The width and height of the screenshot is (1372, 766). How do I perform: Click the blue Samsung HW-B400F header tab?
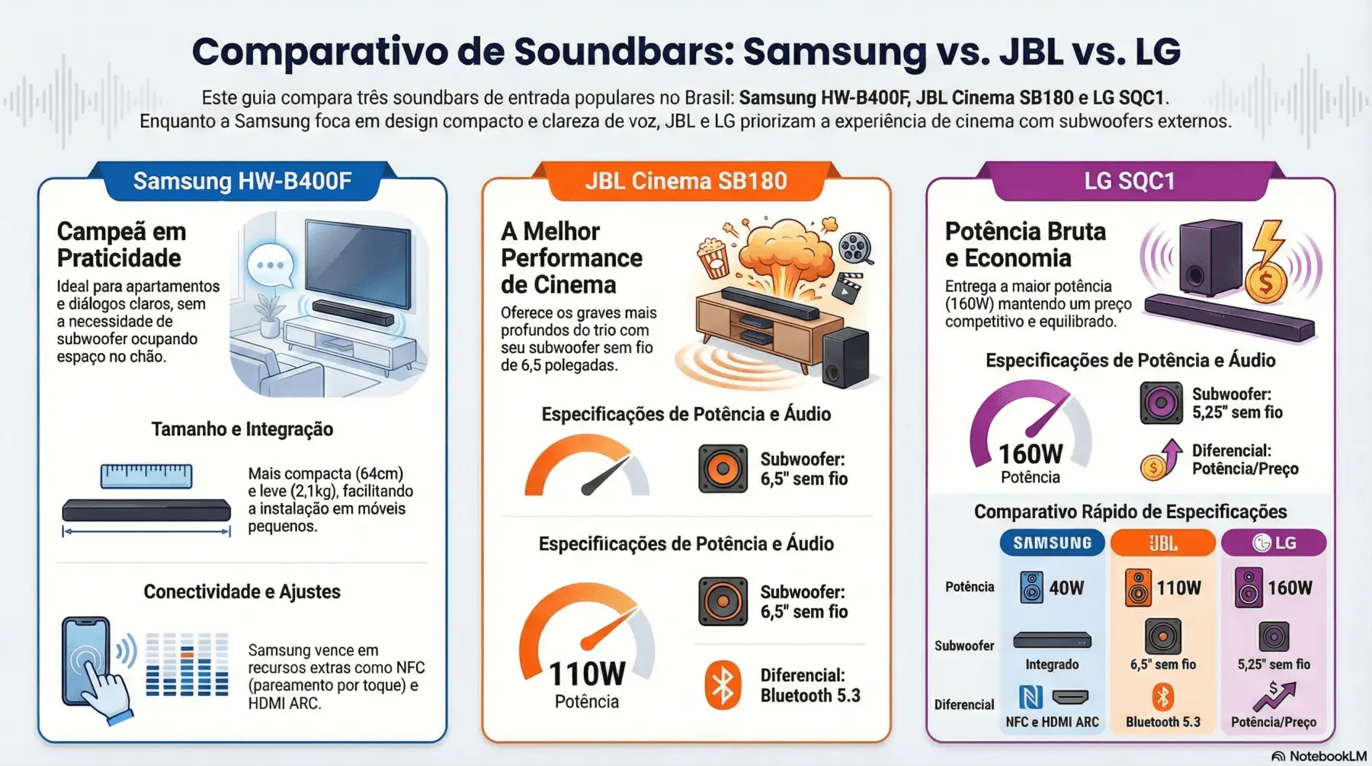(x=242, y=181)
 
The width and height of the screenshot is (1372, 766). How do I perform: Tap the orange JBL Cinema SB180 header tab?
(x=685, y=181)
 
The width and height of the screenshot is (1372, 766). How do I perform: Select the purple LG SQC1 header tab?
(x=1130, y=181)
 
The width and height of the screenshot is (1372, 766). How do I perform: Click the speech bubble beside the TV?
(x=271, y=265)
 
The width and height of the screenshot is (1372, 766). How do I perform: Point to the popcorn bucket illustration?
(x=714, y=257)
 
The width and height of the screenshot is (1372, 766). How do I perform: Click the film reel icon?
(x=855, y=248)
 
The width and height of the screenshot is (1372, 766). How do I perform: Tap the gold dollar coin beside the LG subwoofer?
(x=1265, y=283)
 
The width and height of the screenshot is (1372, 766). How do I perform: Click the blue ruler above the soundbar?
(x=146, y=476)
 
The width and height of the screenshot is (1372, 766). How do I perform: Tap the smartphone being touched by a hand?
(x=85, y=659)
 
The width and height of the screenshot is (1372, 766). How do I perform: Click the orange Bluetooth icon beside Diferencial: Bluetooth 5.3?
(x=722, y=684)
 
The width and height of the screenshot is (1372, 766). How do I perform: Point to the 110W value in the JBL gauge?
(x=587, y=675)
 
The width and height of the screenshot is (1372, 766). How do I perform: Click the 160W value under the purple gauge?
(x=1031, y=454)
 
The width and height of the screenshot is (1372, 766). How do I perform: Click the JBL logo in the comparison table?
(x=1162, y=543)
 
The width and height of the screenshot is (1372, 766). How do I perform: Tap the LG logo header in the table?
(x=1274, y=543)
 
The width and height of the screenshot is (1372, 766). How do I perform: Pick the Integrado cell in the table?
(x=1052, y=664)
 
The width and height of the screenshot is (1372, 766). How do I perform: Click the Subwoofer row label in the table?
(x=964, y=646)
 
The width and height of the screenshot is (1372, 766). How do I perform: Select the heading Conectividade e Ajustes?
(x=242, y=591)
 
